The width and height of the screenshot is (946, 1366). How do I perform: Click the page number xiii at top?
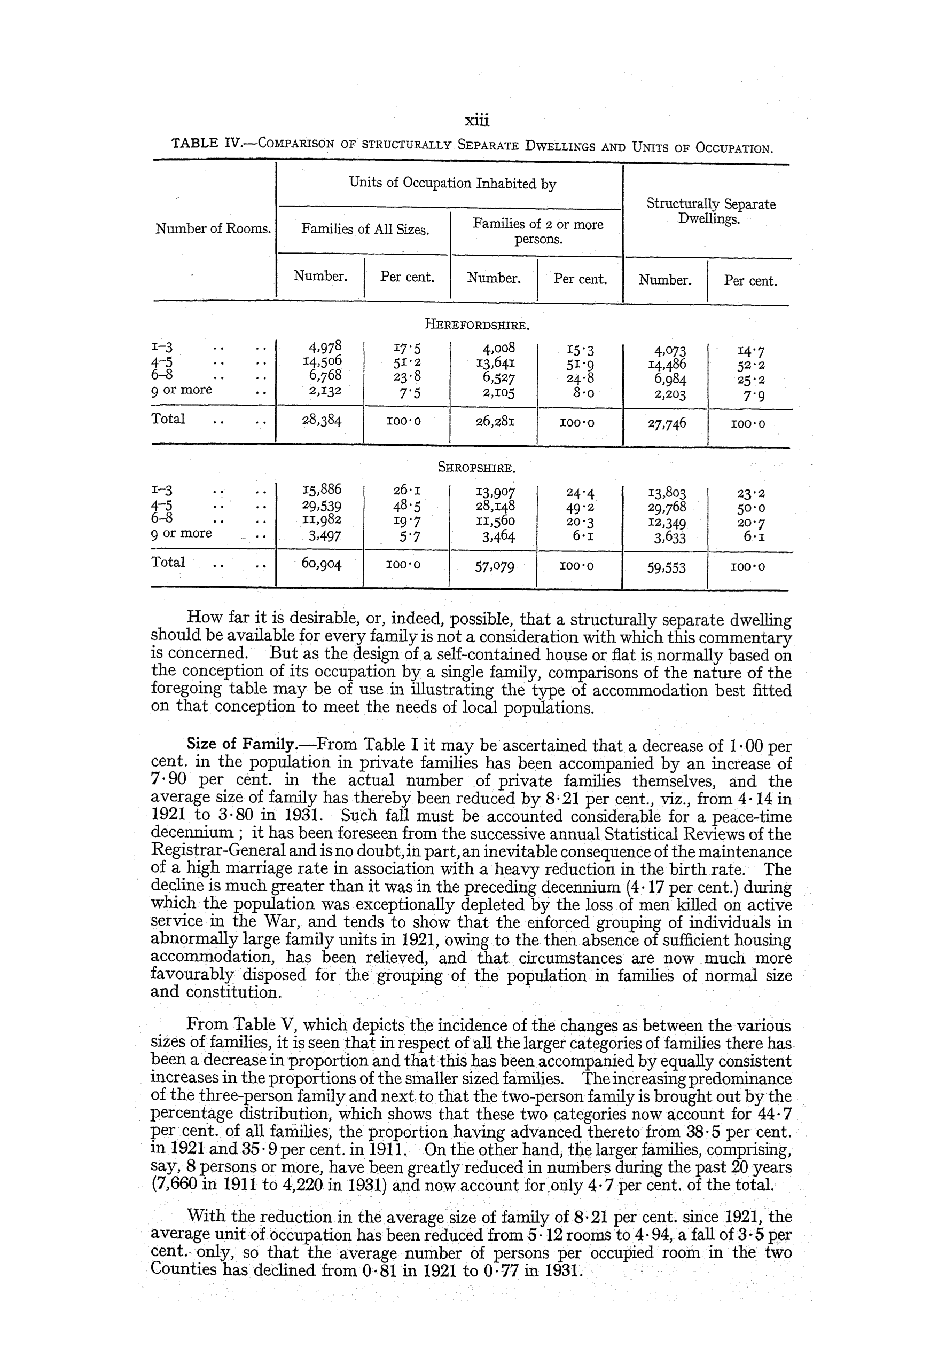point(476,121)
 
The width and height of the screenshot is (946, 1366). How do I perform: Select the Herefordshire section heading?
point(476,325)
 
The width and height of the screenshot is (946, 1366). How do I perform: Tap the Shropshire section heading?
point(476,468)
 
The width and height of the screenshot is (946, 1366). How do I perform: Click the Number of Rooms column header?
point(213,228)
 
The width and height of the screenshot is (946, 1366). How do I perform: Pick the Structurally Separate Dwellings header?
point(710,211)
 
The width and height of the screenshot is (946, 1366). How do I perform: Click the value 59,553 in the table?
point(667,567)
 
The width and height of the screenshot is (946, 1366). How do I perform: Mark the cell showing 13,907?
point(495,492)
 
